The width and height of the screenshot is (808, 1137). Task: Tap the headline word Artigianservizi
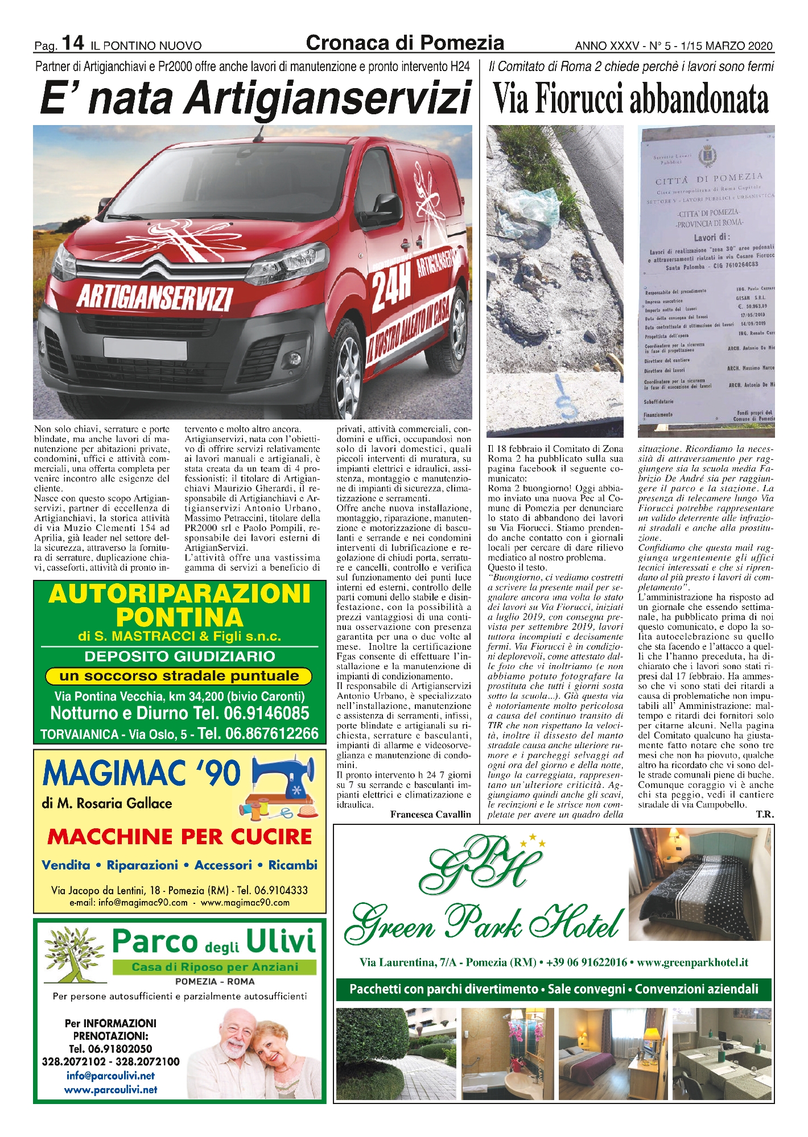328,98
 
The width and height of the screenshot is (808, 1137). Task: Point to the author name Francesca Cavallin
430,815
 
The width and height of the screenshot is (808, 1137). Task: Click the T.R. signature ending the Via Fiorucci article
764,815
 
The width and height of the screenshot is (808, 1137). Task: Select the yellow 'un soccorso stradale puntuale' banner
179,676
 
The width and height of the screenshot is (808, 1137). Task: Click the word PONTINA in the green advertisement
179,617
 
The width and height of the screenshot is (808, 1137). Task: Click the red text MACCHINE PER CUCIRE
180,837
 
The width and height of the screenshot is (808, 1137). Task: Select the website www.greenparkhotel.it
692,962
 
